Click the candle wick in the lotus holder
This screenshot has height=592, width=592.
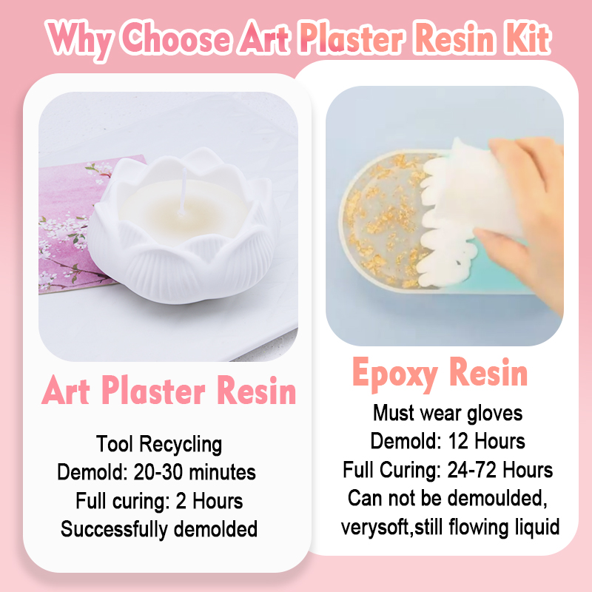click(x=183, y=192)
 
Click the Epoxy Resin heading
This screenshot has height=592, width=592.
click(x=440, y=373)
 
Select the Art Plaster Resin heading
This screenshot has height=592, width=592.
click(x=169, y=391)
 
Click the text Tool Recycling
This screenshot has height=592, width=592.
click(x=159, y=444)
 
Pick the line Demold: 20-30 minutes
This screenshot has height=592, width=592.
click(x=156, y=472)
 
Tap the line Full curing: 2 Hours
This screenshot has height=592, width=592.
click(x=159, y=501)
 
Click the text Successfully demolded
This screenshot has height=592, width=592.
click(x=159, y=529)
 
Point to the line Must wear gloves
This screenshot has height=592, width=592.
click(x=448, y=413)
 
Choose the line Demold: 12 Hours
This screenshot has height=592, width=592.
click(x=448, y=441)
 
